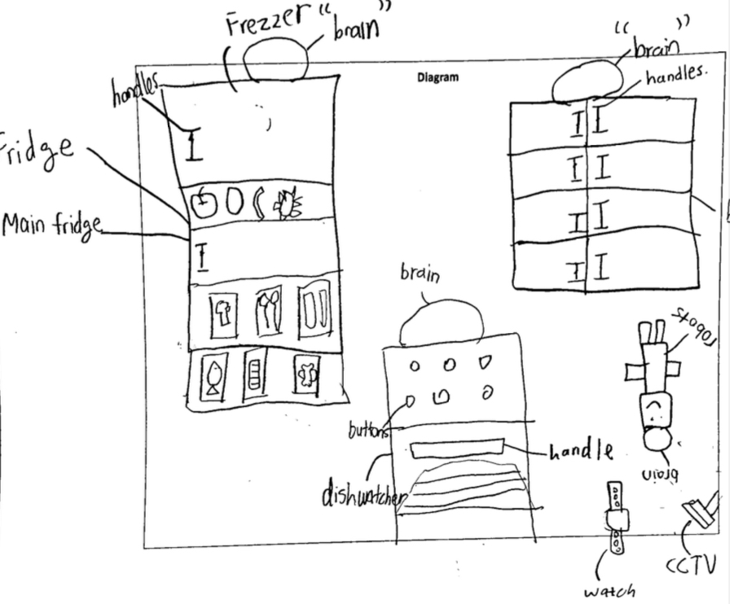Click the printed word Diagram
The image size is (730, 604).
pos(439,78)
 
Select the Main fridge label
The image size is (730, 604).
pos(52,224)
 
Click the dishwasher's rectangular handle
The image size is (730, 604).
pos(458,449)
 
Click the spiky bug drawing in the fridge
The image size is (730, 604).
pos(287,204)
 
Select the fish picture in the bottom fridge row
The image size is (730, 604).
pos(214,378)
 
